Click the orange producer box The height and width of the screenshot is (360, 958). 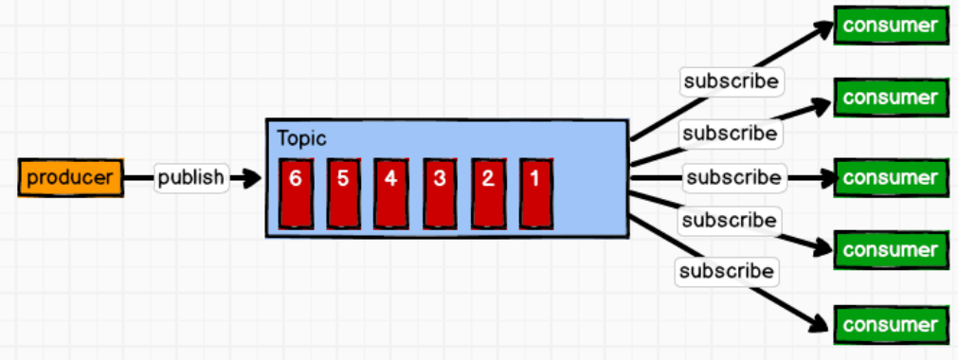71,178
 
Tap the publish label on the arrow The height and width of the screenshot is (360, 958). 190,177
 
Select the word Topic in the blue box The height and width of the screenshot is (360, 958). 301,138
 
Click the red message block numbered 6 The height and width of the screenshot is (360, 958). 296,193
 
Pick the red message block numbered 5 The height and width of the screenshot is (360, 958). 343,193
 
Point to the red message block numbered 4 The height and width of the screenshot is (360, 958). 390,193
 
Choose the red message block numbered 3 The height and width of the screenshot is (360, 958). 439,193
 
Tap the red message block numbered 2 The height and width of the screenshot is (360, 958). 487,193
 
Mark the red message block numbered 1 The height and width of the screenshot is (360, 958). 535,193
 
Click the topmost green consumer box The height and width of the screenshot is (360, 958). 890,26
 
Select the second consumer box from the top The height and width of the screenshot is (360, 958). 890,98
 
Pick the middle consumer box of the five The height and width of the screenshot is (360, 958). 890,177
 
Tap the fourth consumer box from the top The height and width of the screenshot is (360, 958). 890,250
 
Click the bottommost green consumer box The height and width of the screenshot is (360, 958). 890,325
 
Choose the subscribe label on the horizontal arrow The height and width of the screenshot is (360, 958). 734,177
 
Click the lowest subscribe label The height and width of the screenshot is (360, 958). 727,272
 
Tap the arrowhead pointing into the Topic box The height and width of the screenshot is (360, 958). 251,177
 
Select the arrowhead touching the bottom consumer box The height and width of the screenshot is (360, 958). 820,321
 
